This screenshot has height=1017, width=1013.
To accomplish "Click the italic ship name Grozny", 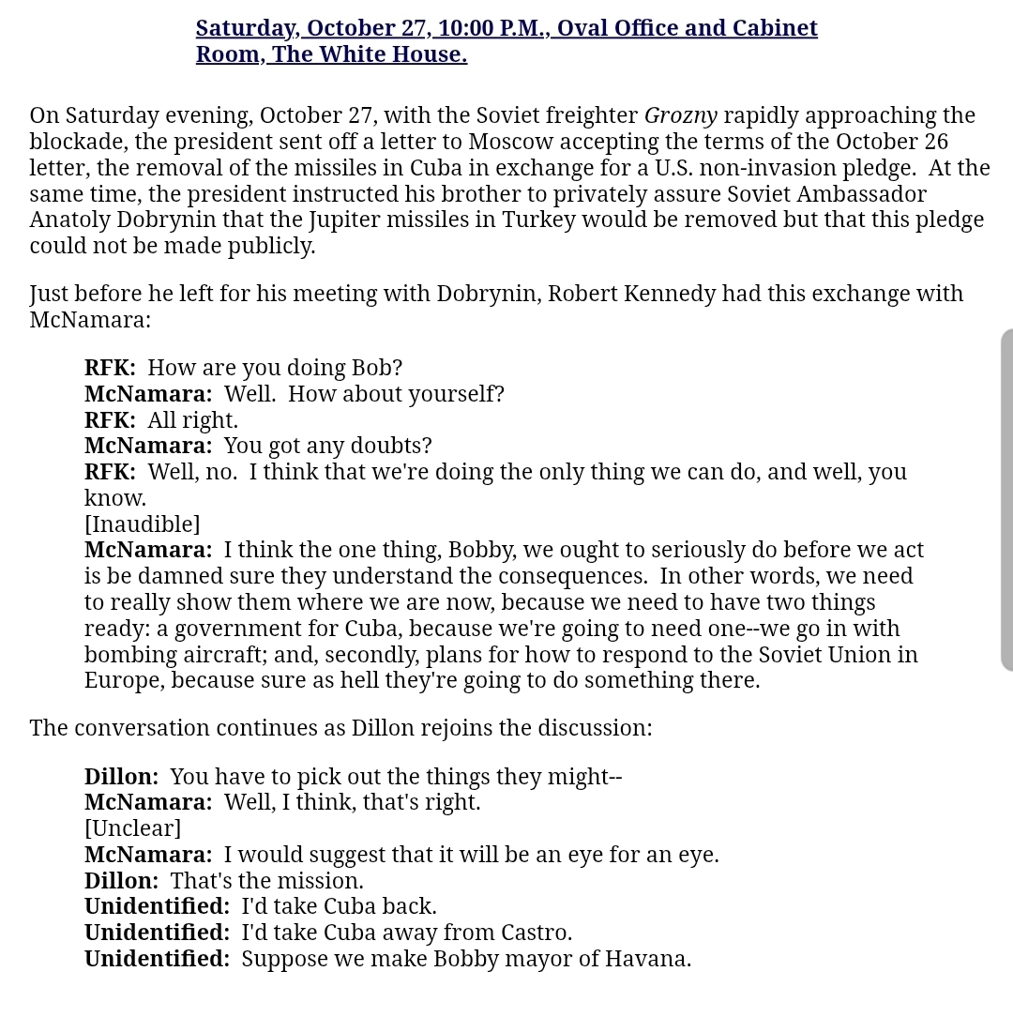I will (x=680, y=116).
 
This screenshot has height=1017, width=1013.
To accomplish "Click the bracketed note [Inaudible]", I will (x=142, y=524).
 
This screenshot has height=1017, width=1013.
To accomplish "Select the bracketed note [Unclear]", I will (x=132, y=828).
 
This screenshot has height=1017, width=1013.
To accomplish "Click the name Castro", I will (x=532, y=933).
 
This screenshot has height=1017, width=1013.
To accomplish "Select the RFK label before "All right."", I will (x=110, y=420).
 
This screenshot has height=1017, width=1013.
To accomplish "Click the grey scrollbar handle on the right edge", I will (x=1006, y=499).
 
